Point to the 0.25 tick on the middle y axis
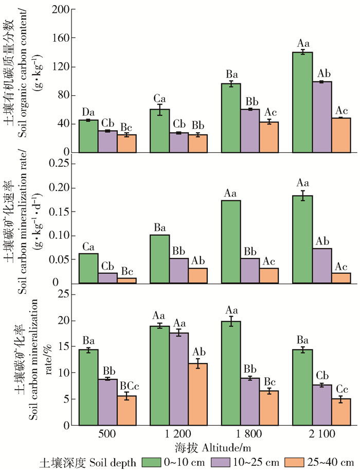click(56, 164)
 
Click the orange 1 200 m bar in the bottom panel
click(199, 394)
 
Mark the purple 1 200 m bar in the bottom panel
click(179, 379)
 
